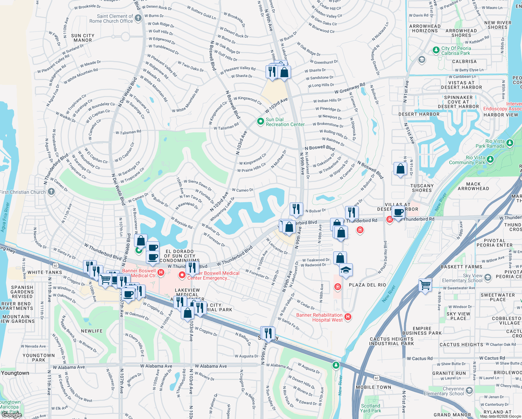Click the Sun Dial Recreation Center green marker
pyautogui.click(x=260, y=122)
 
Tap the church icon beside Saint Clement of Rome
pyautogui.click(x=138, y=18)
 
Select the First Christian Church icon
pyautogui.click(x=51, y=192)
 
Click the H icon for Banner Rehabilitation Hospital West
pyautogui.click(x=348, y=317)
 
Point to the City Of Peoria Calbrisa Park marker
pyautogui.click(x=436, y=50)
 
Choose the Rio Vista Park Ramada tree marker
pyautogui.click(x=510, y=143)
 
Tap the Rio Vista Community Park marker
pyautogui.click(x=490, y=160)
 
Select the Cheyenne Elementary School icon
pyautogui.click(x=469, y=390)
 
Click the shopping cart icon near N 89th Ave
pyautogui.click(x=425, y=285)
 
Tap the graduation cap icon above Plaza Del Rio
pyautogui.click(x=346, y=270)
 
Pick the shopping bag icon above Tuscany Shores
pyautogui.click(x=401, y=169)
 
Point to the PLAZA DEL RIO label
pyautogui.click(x=367, y=285)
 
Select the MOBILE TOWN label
pyautogui.click(x=373, y=387)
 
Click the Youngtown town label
pyautogui.click(x=15, y=373)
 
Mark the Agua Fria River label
pyautogui.click(x=5, y=217)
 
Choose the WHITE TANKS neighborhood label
pyautogui.click(x=45, y=272)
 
